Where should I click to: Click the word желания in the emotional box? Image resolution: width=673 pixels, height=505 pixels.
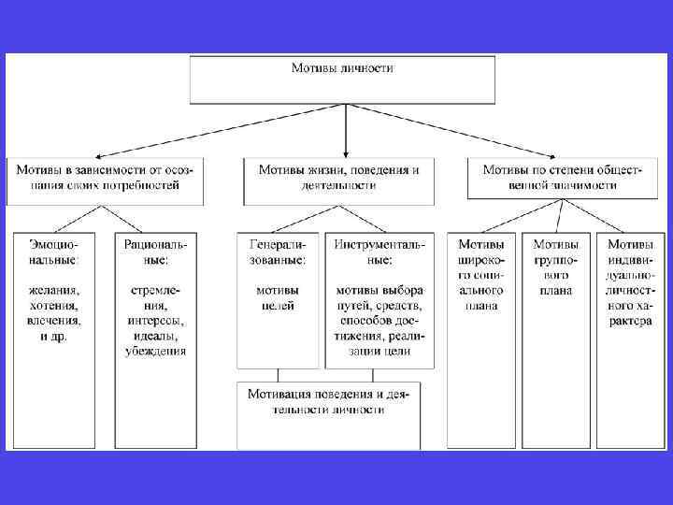click(x=53, y=290)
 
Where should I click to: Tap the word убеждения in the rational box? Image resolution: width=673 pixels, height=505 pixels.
click(x=155, y=351)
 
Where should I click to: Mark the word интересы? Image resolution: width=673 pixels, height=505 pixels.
click(x=155, y=321)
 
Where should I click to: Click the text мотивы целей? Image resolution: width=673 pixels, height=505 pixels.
click(x=278, y=297)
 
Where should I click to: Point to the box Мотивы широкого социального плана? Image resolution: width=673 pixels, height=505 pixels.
click(x=481, y=271)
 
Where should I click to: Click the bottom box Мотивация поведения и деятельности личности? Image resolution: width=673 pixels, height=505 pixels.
click(x=328, y=402)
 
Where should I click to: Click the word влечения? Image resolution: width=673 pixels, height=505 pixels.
click(x=53, y=321)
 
